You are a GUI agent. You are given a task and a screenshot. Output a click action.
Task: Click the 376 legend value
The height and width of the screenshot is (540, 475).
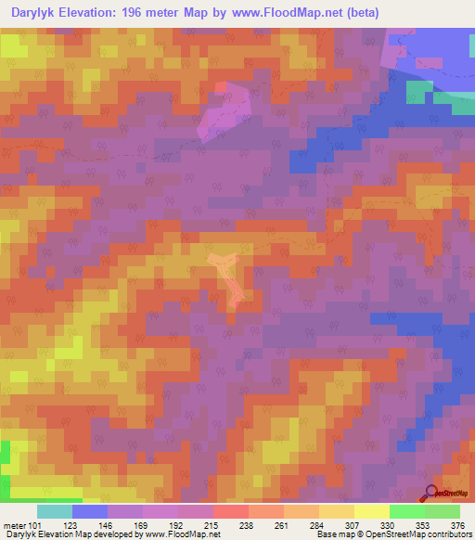point(456,526)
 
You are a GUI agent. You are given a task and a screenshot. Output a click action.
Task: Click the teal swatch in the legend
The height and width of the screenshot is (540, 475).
point(55,511)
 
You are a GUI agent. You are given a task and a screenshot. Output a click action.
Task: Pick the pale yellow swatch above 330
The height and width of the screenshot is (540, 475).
point(372,511)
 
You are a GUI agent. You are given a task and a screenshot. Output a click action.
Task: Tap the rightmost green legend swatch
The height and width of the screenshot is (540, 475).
point(443,511)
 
